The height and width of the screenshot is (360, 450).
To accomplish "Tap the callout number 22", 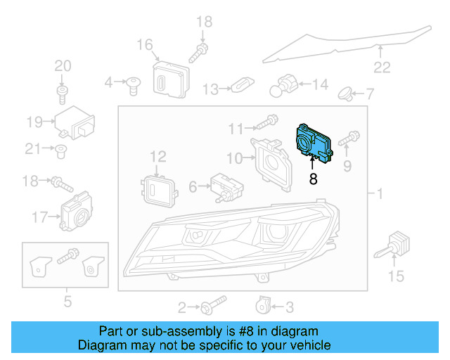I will pyautogui.click(x=381, y=67).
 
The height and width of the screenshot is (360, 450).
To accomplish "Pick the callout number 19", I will pyautogui.click(x=35, y=122).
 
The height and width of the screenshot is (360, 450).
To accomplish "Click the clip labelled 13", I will pyautogui.click(x=241, y=88).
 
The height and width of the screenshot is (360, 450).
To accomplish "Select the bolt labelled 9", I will pyautogui.click(x=349, y=141).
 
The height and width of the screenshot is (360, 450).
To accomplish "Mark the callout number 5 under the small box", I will pyautogui.click(x=67, y=302).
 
